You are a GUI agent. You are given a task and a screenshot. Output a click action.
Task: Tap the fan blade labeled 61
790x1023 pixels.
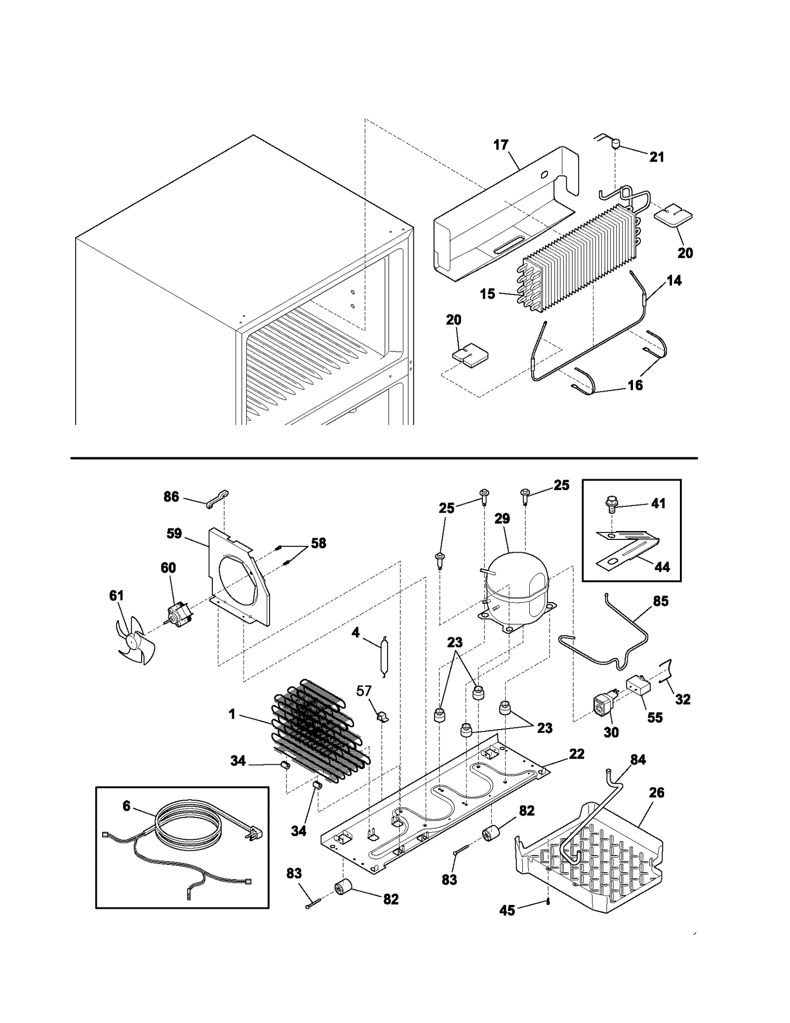pos(133,642)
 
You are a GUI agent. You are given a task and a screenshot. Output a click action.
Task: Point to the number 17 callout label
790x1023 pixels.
pos(501,145)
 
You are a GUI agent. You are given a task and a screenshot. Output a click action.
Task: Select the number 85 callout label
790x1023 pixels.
pos(661,601)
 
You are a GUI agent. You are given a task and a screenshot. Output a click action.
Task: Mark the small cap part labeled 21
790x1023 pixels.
pos(615,145)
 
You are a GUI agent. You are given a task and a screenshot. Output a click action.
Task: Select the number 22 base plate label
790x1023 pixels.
pos(577,754)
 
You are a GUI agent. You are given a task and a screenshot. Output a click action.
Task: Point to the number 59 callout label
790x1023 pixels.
pos(174,533)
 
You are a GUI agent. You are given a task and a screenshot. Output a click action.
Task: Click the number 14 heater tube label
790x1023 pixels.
pos(674,281)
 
